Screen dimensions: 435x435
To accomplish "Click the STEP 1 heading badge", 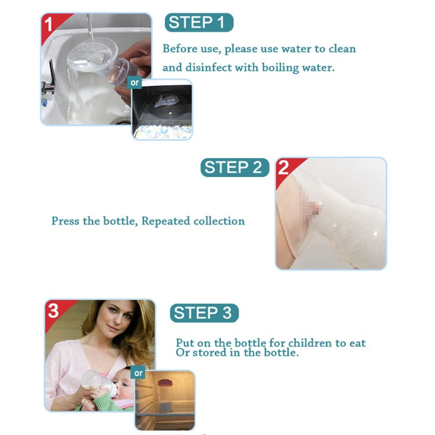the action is [199, 22].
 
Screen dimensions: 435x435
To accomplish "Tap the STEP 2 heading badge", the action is [235, 167].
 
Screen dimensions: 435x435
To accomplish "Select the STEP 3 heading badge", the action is [204, 313].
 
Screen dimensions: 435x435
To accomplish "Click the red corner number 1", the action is [48, 24].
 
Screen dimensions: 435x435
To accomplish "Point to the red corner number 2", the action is [284, 167].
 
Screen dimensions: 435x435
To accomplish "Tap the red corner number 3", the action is [54, 310].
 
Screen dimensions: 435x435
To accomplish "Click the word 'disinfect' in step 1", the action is [208, 67].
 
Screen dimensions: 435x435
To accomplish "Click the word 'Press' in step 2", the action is [66, 221].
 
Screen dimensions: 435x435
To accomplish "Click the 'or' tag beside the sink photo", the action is [134, 82].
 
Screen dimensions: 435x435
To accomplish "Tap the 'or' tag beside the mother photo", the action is [138, 373].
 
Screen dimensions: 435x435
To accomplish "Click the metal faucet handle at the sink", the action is [52, 74].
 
